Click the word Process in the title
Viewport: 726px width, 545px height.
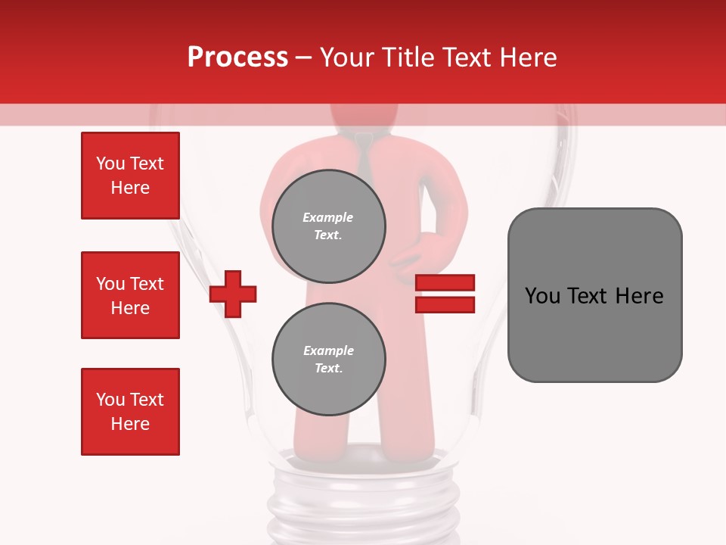[237, 58]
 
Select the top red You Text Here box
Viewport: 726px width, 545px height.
[130, 176]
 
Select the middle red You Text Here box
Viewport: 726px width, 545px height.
[130, 295]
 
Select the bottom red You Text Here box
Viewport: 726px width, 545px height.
[130, 412]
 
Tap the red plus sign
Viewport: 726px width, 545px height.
[233, 294]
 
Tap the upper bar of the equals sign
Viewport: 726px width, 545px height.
[445, 283]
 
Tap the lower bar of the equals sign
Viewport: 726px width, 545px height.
[445, 304]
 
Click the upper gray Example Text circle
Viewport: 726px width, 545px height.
[328, 226]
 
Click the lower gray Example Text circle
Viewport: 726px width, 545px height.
[328, 359]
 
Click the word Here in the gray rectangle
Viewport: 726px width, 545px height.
[639, 296]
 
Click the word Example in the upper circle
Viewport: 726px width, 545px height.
[328, 217]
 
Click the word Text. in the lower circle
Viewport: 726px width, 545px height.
[328, 369]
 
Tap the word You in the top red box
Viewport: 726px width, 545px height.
[110, 163]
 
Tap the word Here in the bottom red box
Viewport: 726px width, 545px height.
[130, 424]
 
